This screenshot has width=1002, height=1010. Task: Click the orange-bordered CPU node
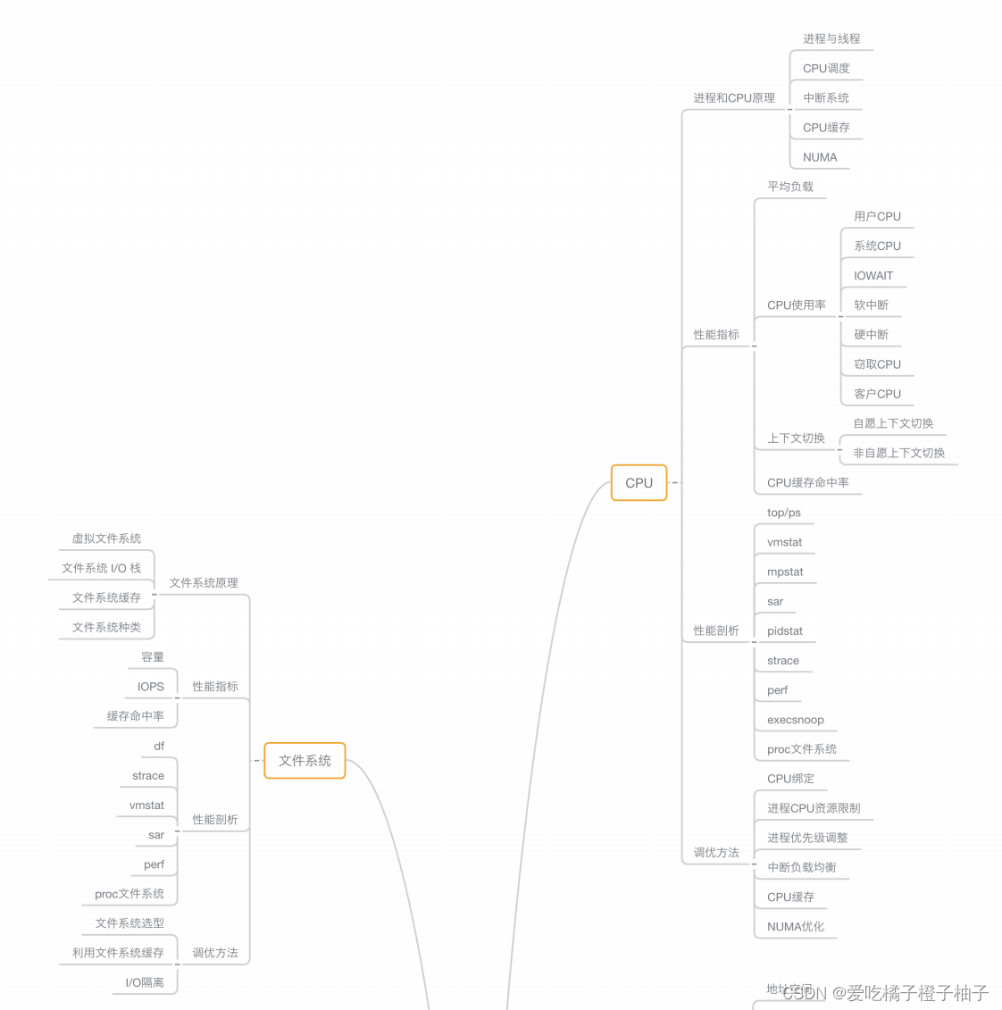point(639,483)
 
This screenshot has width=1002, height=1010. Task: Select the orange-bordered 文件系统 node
point(305,761)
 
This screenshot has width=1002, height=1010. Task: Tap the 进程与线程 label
point(831,39)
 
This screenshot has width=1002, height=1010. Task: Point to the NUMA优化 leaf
point(795,927)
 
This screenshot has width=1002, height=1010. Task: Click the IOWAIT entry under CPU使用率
point(873,276)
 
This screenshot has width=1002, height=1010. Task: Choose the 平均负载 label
point(789,187)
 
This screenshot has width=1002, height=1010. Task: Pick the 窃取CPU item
point(877,364)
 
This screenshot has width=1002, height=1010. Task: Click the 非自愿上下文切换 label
point(898,453)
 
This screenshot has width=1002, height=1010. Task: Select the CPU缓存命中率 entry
point(807,483)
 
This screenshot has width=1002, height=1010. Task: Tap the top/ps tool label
point(783,513)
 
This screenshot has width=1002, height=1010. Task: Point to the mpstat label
point(785,572)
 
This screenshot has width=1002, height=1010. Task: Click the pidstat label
point(784,631)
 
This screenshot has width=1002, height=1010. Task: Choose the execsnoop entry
point(795,720)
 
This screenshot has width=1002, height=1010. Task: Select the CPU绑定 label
point(790,779)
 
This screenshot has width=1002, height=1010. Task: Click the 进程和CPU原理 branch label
point(734,98)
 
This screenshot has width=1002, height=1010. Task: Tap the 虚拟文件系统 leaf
point(106,538)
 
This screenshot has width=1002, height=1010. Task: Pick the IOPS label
point(150,687)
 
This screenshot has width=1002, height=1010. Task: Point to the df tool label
point(159,747)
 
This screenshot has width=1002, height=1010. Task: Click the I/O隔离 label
point(144,982)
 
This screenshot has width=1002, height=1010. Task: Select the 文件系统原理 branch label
point(204,583)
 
